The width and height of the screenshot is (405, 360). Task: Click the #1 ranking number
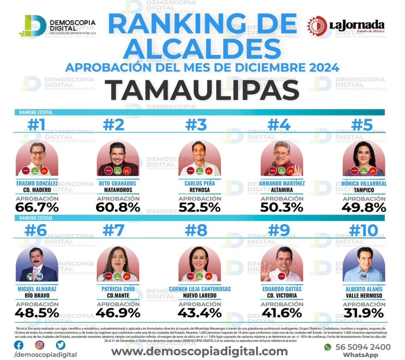(37, 126)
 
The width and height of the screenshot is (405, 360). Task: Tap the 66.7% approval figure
(37, 207)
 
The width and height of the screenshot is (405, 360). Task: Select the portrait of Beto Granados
(118, 158)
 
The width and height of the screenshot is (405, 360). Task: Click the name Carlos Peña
(200, 183)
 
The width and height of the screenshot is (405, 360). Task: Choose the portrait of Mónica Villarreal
(364, 158)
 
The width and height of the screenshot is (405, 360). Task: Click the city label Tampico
(364, 190)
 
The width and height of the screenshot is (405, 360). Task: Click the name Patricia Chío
(118, 289)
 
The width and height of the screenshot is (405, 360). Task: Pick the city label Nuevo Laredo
(200, 296)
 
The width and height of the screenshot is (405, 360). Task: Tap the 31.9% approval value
(364, 312)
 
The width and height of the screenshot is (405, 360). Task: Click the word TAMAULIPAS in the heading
(202, 89)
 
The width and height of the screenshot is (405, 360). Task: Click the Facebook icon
(19, 345)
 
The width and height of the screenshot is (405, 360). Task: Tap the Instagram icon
(40, 345)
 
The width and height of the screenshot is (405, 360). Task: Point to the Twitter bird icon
(61, 345)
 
